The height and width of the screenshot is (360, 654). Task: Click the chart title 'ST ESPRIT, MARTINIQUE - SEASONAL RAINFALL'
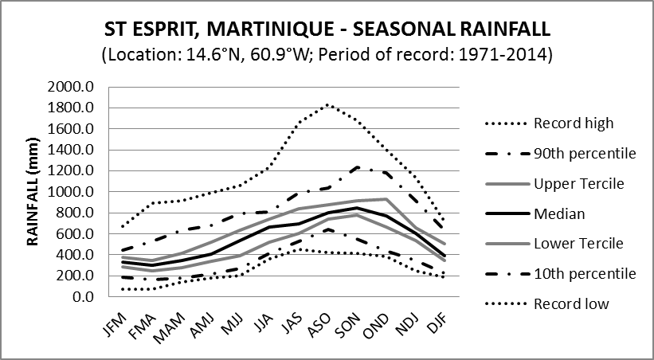(327, 31)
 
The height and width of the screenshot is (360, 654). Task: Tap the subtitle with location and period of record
(327, 56)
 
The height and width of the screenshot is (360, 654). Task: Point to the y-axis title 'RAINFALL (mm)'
(33, 193)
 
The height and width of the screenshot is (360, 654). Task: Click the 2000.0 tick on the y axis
(72, 87)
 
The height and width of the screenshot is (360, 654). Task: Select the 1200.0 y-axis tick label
(72, 171)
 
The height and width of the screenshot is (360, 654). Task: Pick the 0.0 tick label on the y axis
(82, 297)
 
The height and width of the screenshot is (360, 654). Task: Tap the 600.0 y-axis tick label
(75, 234)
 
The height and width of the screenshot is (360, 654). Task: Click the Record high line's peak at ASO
(328, 104)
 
